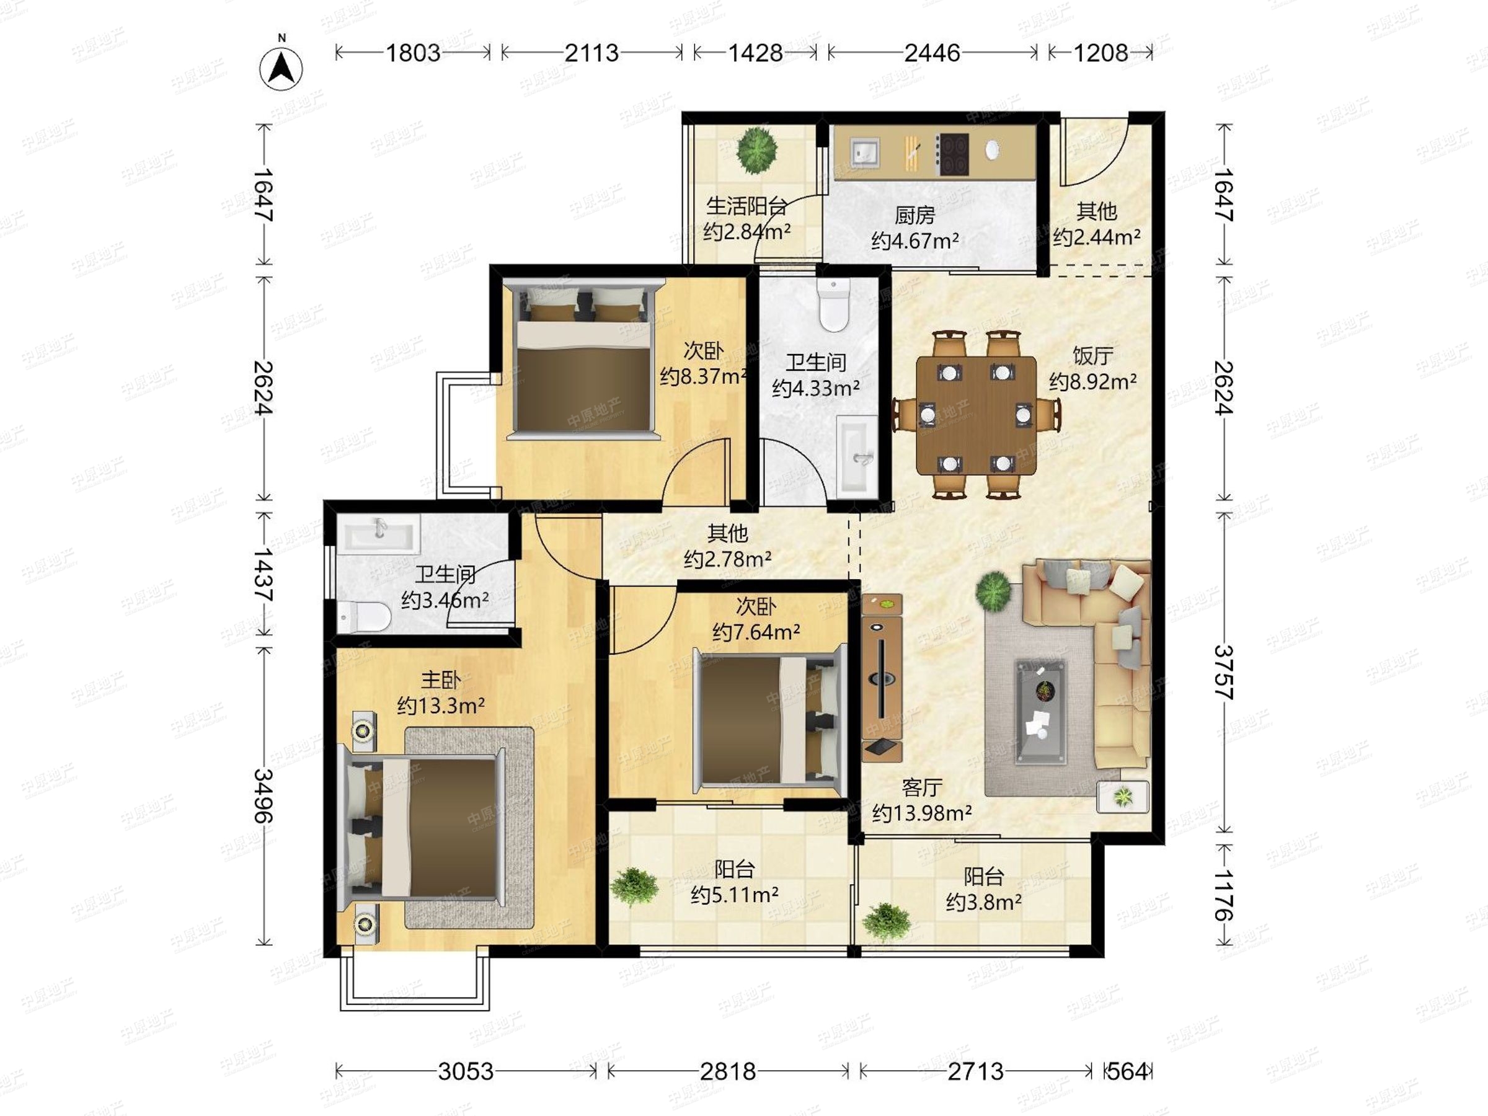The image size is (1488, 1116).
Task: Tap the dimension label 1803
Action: tap(412, 53)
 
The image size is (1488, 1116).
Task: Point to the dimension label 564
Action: tap(1127, 1071)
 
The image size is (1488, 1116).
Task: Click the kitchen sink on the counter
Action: tap(864, 152)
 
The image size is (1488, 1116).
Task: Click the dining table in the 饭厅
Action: tap(976, 415)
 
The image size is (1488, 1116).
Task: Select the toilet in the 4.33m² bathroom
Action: tap(833, 304)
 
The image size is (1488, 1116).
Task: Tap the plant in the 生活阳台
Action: tap(757, 151)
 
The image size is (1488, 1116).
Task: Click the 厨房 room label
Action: tap(915, 215)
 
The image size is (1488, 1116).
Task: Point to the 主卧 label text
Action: tap(441, 680)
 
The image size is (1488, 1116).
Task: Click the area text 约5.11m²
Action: tap(735, 895)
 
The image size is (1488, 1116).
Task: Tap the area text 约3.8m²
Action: tap(983, 902)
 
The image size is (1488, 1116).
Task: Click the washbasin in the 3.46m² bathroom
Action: tap(379, 535)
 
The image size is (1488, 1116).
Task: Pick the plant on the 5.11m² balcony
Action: tap(634, 887)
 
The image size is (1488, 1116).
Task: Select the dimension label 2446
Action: tap(932, 53)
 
